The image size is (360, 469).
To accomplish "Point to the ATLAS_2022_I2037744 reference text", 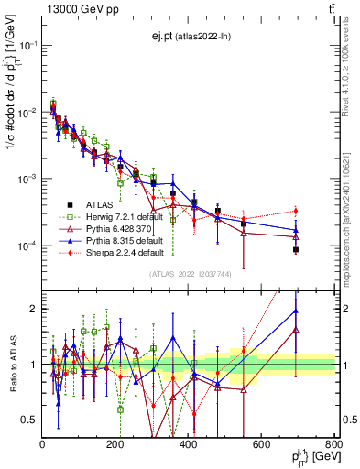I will click(189, 274).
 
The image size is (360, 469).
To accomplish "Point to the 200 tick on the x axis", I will click(116, 444).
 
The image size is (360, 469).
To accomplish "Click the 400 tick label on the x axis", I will click(190, 444).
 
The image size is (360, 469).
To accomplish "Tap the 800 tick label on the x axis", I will click(335, 444).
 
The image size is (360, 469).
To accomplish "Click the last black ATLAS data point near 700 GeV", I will click(296, 249).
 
